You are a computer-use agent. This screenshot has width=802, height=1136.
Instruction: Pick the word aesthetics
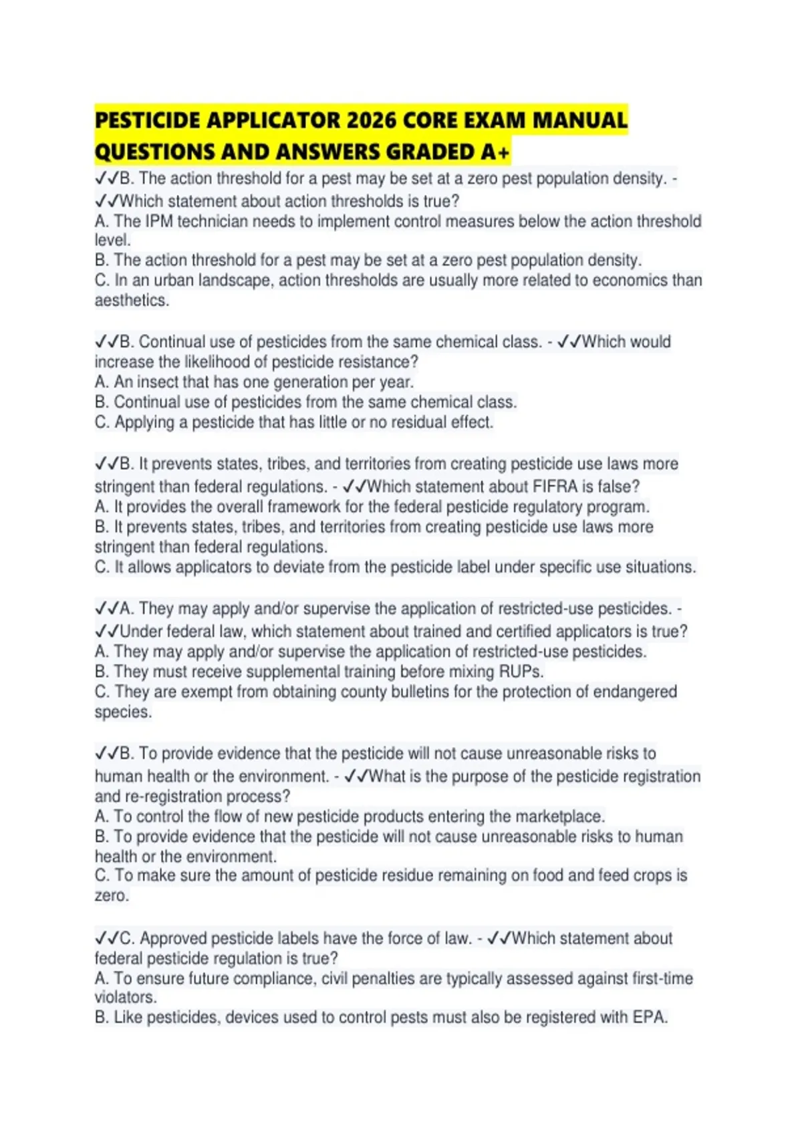(x=131, y=301)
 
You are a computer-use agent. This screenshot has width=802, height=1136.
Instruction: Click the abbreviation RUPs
(x=521, y=672)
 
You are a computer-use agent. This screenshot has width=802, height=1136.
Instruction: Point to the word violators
(x=125, y=998)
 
